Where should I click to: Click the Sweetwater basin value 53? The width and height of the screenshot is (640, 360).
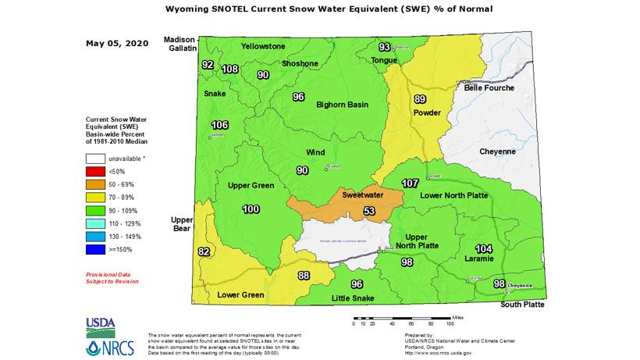pyautogui.click(x=369, y=212)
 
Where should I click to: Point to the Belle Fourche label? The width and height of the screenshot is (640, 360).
pyautogui.click(x=489, y=88)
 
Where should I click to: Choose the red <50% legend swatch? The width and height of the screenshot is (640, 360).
pyautogui.click(x=96, y=170)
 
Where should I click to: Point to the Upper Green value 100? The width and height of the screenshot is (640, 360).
pyautogui.click(x=251, y=209)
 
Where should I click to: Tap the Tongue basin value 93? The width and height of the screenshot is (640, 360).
pyautogui.click(x=384, y=48)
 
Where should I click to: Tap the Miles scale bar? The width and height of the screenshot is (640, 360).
pyautogui.click(x=402, y=317)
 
